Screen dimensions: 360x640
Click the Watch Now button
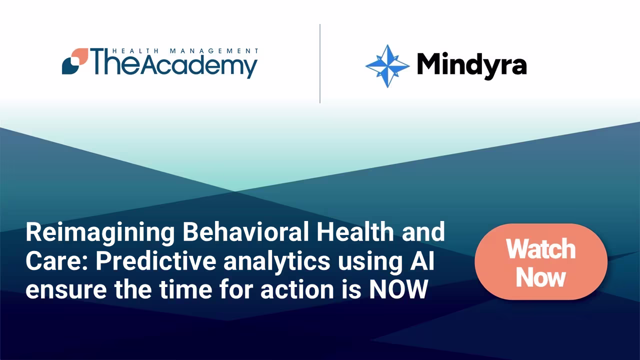[x=540, y=262]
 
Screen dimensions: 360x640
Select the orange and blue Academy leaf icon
[x=75, y=61]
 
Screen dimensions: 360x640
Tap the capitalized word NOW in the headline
[x=398, y=290]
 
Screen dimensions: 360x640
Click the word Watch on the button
[x=540, y=248]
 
